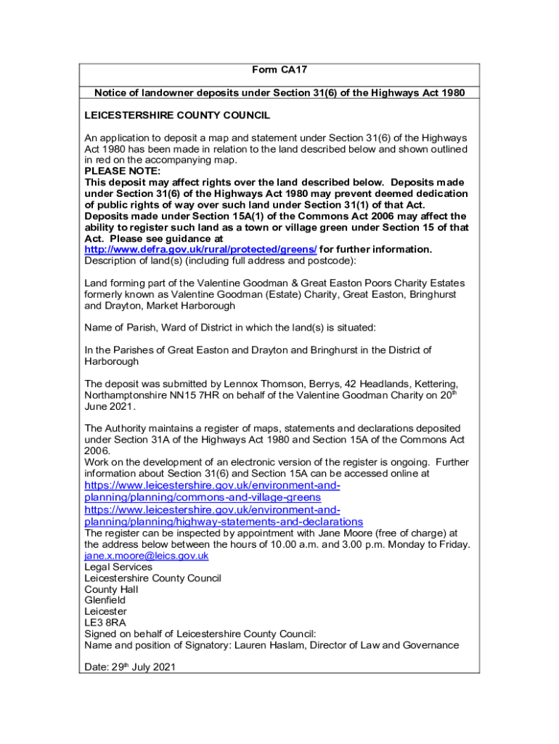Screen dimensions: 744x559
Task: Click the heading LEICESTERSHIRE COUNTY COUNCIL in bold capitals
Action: (x=177, y=116)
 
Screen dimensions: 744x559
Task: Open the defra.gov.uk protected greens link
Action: (x=200, y=249)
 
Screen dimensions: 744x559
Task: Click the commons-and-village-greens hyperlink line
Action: (x=203, y=497)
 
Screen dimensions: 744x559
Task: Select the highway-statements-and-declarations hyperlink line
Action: (x=224, y=522)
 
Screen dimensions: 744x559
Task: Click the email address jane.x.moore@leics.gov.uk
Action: (x=147, y=556)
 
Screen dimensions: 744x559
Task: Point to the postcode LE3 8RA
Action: (x=105, y=623)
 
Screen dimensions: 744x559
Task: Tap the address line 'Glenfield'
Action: (x=105, y=600)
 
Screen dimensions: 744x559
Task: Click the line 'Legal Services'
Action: (x=118, y=567)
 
